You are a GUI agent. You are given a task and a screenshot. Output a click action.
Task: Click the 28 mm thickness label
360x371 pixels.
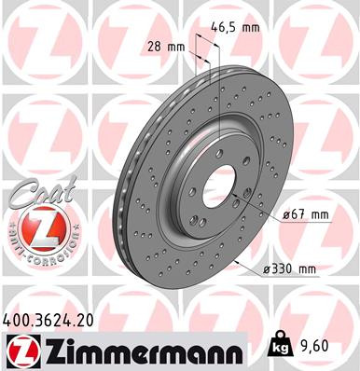point(161,45)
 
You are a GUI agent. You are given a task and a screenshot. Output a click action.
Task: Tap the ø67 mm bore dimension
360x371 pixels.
point(306,215)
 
